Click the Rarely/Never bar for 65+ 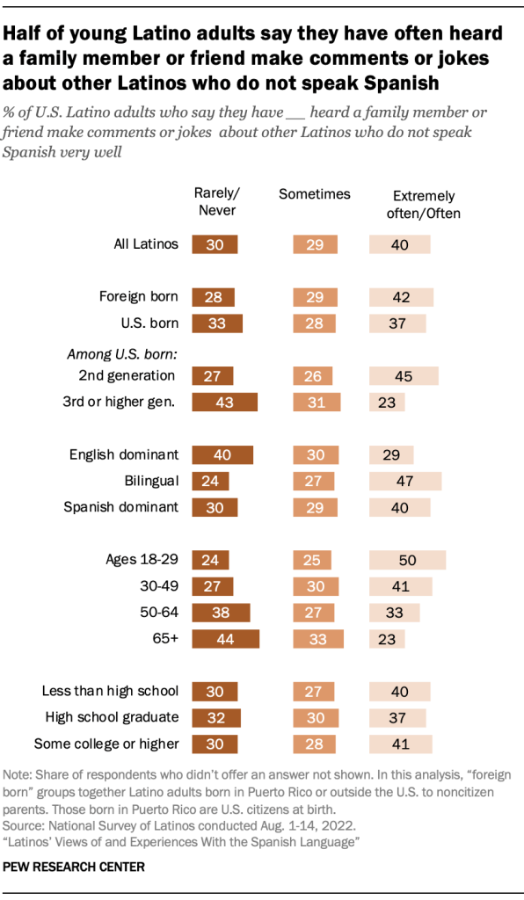(226, 638)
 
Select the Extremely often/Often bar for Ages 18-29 (407, 560)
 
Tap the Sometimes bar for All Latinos (312, 245)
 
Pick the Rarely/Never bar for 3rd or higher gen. (225, 402)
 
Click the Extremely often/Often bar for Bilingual (404, 481)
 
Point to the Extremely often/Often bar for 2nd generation (404, 375)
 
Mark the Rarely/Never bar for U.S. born (217, 323)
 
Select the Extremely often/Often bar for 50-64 (394, 612)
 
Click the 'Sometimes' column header (314, 194)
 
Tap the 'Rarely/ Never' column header (215, 202)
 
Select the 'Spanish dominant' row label (121, 507)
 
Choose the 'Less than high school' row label (110, 691)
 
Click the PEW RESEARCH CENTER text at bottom (74, 867)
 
